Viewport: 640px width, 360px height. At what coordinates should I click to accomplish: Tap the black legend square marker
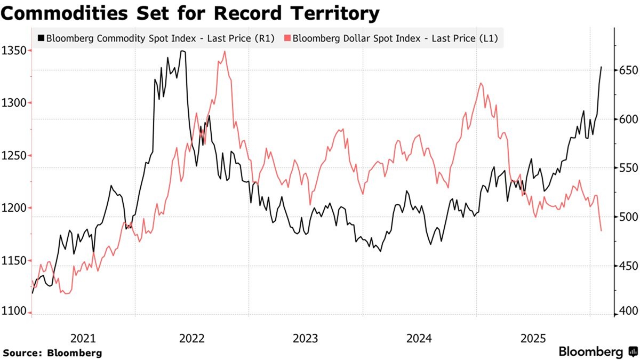point(41,38)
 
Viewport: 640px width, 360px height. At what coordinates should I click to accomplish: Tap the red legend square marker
point(287,38)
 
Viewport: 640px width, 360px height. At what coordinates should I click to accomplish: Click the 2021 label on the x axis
point(83,338)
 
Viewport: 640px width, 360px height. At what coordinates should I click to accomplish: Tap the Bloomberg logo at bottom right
point(597,352)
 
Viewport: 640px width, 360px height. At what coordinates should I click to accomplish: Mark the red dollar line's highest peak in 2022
point(225,51)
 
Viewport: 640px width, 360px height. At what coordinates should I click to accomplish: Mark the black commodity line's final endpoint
point(602,67)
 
